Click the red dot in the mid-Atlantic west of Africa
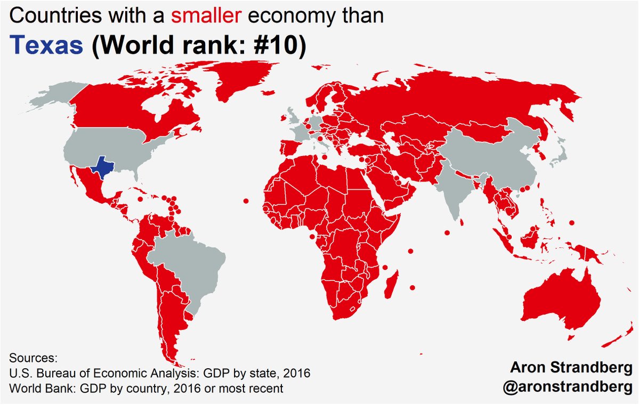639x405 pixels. (246, 201)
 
